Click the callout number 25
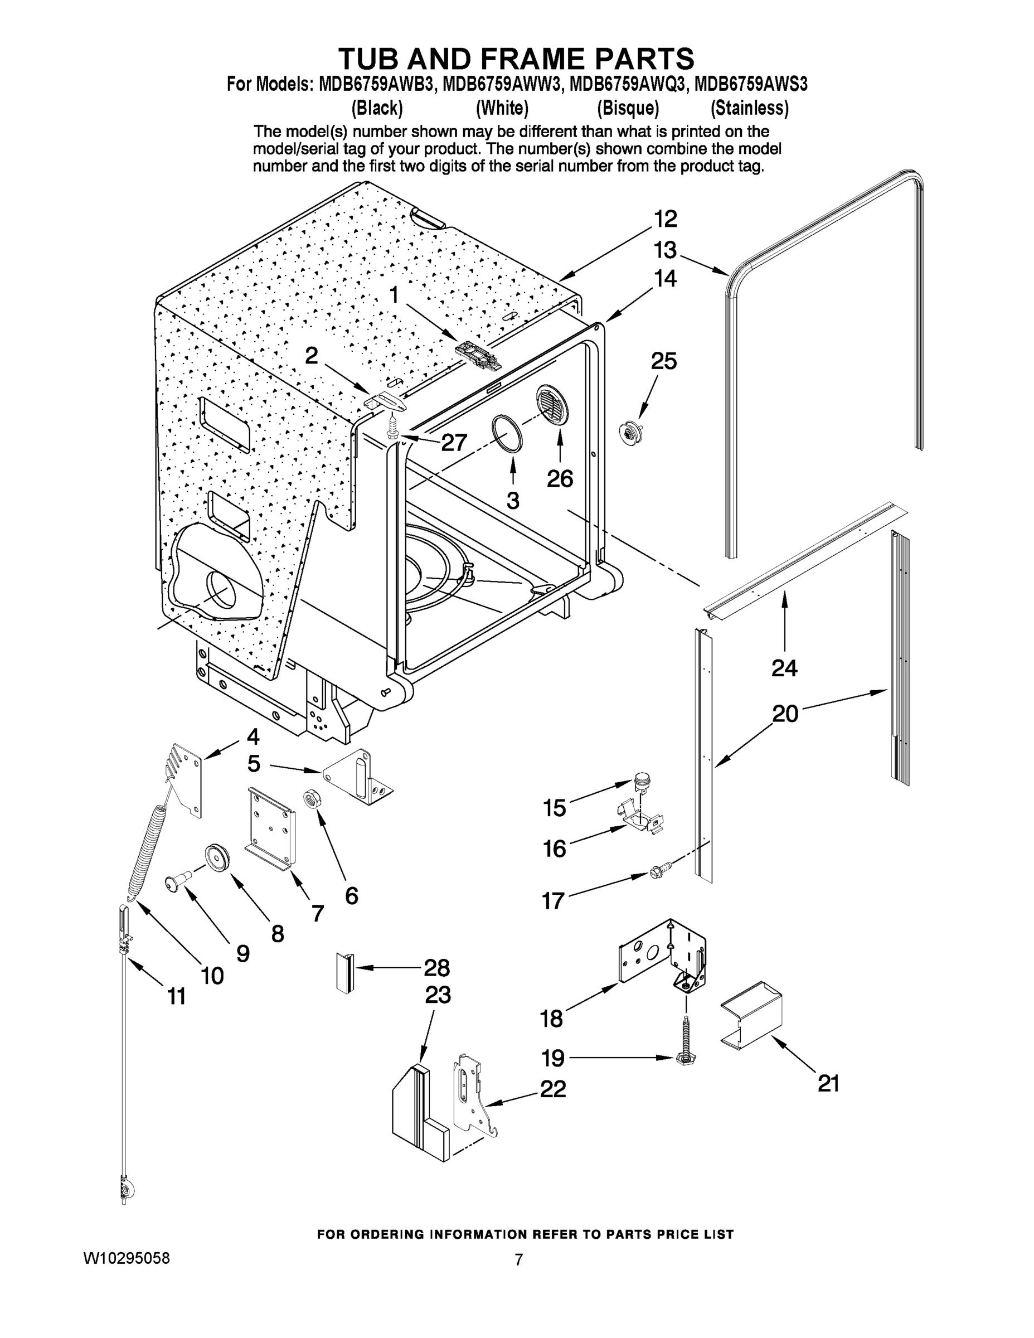tap(663, 361)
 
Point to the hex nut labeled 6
tap(310, 799)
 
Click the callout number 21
tap(828, 1084)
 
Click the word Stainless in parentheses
tap(749, 109)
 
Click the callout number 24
tap(784, 668)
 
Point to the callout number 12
tap(664, 219)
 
